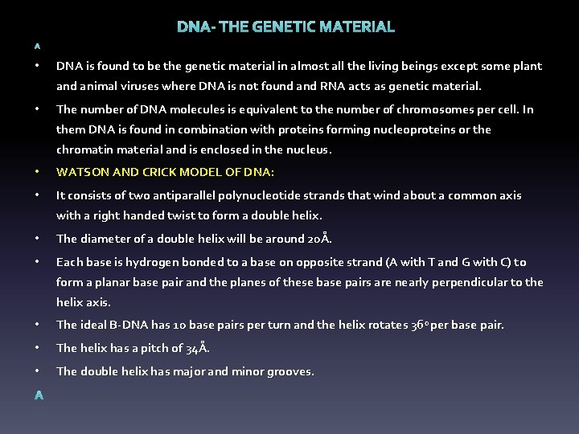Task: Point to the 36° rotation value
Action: point(422,325)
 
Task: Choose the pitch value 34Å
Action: point(197,348)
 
